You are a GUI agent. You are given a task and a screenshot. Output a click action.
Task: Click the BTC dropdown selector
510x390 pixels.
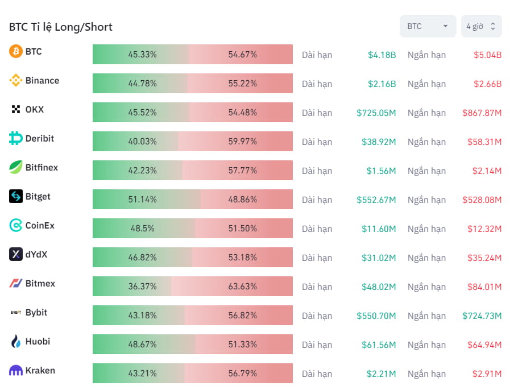(x=428, y=26)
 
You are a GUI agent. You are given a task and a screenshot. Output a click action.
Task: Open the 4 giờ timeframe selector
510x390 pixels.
(x=481, y=26)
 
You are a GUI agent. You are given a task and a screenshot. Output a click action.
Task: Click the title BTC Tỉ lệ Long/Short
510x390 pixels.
(x=61, y=27)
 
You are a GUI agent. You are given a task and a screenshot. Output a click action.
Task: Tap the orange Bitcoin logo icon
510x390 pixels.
(x=16, y=52)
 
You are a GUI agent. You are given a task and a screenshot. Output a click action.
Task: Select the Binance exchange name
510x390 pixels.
(x=42, y=81)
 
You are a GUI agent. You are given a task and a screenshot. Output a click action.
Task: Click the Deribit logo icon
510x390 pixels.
(x=16, y=139)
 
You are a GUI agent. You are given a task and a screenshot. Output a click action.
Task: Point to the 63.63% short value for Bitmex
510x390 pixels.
(x=243, y=287)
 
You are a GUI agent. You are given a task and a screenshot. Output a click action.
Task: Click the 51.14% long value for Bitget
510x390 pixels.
(x=142, y=200)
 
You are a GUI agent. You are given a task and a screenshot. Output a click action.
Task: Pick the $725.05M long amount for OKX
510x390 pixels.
(x=376, y=113)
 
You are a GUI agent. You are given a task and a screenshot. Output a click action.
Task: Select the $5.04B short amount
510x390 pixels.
(x=487, y=55)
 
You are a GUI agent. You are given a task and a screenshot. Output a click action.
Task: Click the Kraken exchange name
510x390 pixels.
(x=40, y=371)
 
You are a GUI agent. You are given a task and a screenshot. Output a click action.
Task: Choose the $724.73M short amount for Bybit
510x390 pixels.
(x=482, y=316)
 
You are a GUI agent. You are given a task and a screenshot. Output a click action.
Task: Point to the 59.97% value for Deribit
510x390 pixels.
(x=243, y=142)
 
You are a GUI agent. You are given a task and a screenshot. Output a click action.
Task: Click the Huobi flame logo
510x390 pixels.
(x=16, y=342)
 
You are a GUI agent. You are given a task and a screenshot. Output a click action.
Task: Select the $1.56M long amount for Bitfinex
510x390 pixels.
(x=381, y=171)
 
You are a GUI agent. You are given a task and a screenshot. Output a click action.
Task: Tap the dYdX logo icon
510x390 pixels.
(x=16, y=255)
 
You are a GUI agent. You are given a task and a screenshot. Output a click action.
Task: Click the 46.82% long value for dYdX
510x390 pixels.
(x=142, y=258)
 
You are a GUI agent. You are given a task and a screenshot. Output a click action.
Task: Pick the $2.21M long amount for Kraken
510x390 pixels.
(x=381, y=374)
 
